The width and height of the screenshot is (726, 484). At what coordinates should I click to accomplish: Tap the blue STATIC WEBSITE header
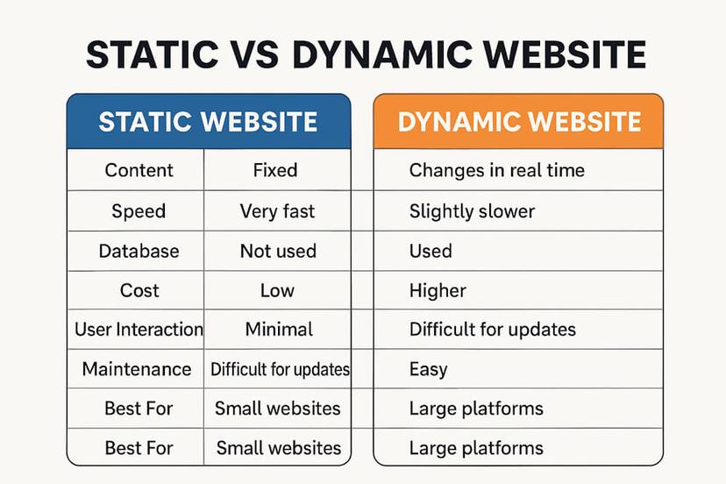pos(208,121)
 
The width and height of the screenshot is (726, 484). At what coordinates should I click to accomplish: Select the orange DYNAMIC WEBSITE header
pos(518,121)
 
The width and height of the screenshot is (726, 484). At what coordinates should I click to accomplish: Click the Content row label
pos(139,170)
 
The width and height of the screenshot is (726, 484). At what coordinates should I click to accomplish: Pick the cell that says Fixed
pos(275,170)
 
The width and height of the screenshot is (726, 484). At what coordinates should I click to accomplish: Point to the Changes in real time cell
pos(496,170)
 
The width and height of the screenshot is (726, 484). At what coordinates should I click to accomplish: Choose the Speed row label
pos(139,211)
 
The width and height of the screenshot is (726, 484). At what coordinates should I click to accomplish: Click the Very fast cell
pos(277,211)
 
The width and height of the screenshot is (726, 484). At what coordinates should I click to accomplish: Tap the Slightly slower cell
pos(472,211)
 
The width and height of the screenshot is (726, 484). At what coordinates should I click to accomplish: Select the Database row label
pos(139,251)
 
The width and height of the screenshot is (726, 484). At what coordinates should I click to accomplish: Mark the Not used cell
pos(278,251)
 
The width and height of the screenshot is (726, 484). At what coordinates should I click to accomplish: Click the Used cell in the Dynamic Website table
pos(431,251)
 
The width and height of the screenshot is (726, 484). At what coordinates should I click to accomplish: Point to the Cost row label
pos(139,290)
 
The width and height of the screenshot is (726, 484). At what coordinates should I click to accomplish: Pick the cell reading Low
pos(277,290)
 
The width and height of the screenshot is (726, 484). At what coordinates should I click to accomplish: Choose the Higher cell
pos(438,290)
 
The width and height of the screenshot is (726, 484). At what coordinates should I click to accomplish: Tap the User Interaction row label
pos(139,330)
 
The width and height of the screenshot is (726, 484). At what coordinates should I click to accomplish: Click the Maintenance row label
pos(136,369)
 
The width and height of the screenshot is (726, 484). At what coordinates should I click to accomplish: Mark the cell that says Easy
pos(428,369)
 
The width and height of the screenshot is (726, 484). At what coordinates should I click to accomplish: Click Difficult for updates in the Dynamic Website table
pos(492,330)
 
